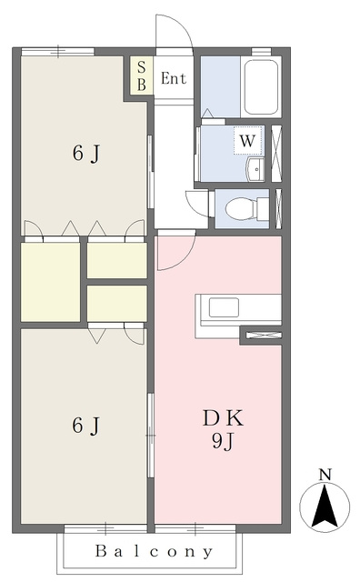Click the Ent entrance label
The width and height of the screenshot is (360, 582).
pos(174,78)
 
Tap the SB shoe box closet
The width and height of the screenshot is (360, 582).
pos(141,75)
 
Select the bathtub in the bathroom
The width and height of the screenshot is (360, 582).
pos(262,87)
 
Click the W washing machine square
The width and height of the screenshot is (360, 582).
pos(248,141)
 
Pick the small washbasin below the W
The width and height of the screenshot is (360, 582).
pos(255,170)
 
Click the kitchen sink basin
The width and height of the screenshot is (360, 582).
pos(224,307)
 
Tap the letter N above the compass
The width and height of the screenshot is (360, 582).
pos(325,475)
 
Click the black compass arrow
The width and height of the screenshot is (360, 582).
pos(325,507)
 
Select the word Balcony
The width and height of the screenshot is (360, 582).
pos(154,551)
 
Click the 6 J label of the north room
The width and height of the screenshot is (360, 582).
pos(86,154)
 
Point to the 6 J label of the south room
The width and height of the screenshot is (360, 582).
pos(86,426)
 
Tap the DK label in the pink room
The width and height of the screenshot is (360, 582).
pos(223,418)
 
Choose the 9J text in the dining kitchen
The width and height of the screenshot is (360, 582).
pos(223,441)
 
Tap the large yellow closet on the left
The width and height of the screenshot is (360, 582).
pos(51,282)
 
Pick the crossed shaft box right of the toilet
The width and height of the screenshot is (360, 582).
pos(278,208)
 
